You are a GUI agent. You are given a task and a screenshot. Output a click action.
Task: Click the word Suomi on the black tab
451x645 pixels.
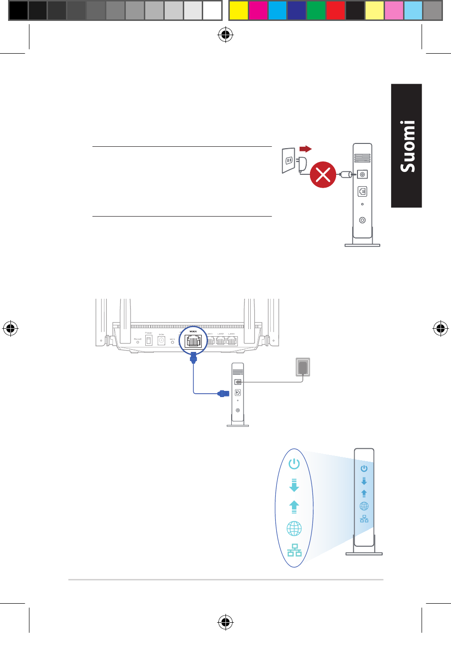point(407,146)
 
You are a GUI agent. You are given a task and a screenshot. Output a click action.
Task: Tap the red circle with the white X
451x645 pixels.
point(323,175)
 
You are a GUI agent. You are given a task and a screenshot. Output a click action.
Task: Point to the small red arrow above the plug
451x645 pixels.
point(305,149)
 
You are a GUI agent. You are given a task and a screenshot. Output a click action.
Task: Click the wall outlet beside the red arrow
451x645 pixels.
point(289,161)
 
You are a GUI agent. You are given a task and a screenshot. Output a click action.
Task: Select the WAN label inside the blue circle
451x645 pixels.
point(193,332)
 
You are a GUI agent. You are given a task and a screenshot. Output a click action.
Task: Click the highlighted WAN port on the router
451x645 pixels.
point(193,341)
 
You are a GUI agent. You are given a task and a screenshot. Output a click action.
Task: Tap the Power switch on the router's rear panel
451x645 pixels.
point(149,341)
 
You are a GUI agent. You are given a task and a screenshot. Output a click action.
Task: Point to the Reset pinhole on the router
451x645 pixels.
point(138,342)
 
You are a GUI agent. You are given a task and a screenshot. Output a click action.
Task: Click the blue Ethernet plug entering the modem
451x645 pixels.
point(223,393)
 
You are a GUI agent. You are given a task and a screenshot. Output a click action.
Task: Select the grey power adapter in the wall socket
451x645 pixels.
point(303,367)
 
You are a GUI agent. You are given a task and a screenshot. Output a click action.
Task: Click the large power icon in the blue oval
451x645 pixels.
point(294,464)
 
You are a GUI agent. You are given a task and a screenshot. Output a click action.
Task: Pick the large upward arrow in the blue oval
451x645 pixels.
point(294,507)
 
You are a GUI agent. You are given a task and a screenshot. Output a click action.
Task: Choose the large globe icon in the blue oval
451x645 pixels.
point(294,528)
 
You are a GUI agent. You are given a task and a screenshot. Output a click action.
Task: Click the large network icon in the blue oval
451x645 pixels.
point(294,550)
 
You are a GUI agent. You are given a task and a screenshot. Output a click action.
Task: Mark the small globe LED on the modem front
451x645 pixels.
point(364,506)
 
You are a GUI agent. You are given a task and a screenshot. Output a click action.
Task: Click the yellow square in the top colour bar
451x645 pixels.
point(239,10)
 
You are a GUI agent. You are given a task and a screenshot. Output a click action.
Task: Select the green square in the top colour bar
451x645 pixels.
point(316,10)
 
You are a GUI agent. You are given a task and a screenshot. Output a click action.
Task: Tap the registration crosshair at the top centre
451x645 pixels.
point(225,35)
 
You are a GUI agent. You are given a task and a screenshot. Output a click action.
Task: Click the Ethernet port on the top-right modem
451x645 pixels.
point(362,191)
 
